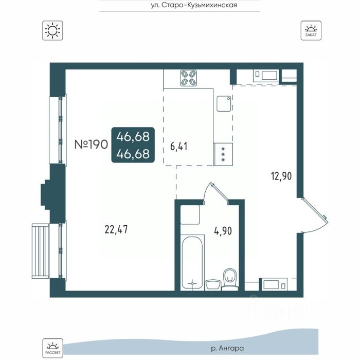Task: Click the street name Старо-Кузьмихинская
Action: [x=200, y=5]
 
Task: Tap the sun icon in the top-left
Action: [x=52, y=30]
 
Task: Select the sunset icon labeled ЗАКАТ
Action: [x=311, y=30]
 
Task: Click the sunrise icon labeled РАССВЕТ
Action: [x=52, y=348]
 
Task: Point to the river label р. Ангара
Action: [x=227, y=349]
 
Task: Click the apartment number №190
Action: [x=91, y=145]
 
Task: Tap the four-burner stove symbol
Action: [x=189, y=78]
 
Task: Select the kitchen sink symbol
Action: [x=224, y=103]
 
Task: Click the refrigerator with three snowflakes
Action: [x=223, y=154]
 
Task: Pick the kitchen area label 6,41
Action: [x=178, y=146]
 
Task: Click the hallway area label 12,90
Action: [x=281, y=176]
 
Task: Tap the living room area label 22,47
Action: [x=116, y=229]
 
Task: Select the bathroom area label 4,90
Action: [x=223, y=231]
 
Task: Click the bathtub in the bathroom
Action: [x=192, y=262]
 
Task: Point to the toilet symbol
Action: [x=229, y=280]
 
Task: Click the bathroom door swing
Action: [x=216, y=193]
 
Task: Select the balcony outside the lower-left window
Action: [x=41, y=251]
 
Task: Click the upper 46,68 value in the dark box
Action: [x=133, y=137]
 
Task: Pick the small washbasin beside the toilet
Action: [x=213, y=285]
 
